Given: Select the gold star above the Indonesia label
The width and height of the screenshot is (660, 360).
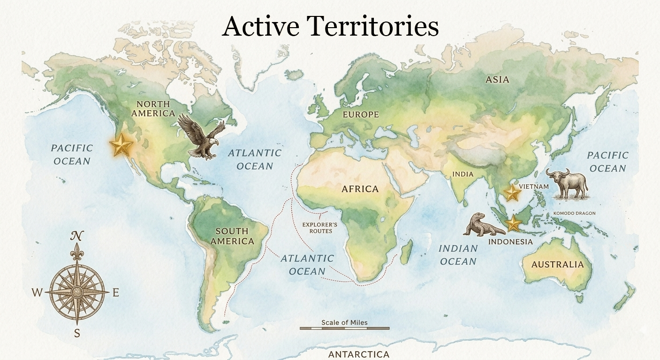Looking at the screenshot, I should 514,224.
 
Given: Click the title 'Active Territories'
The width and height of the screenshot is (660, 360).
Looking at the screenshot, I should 330,26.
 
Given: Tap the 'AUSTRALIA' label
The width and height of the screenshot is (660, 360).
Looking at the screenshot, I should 557,264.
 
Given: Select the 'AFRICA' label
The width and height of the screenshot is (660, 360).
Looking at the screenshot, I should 360,189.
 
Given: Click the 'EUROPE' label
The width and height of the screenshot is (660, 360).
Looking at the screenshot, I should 360,114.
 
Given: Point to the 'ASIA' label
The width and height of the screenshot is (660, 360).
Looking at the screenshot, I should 497,80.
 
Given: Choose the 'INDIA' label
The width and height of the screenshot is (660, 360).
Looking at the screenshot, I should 463,174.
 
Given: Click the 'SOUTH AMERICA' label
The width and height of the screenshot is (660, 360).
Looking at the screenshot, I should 232,236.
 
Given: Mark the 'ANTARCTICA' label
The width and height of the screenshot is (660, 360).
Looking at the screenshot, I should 358,354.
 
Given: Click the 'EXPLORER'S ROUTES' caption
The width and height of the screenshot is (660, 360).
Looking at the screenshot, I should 320,228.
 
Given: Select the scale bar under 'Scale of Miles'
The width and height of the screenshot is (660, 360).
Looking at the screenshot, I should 344,328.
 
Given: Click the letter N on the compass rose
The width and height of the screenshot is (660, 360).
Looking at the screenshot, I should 77,236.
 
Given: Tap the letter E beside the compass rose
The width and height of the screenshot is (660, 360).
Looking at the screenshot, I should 116,293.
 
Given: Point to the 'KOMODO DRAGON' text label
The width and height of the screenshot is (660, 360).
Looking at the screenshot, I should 574,213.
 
